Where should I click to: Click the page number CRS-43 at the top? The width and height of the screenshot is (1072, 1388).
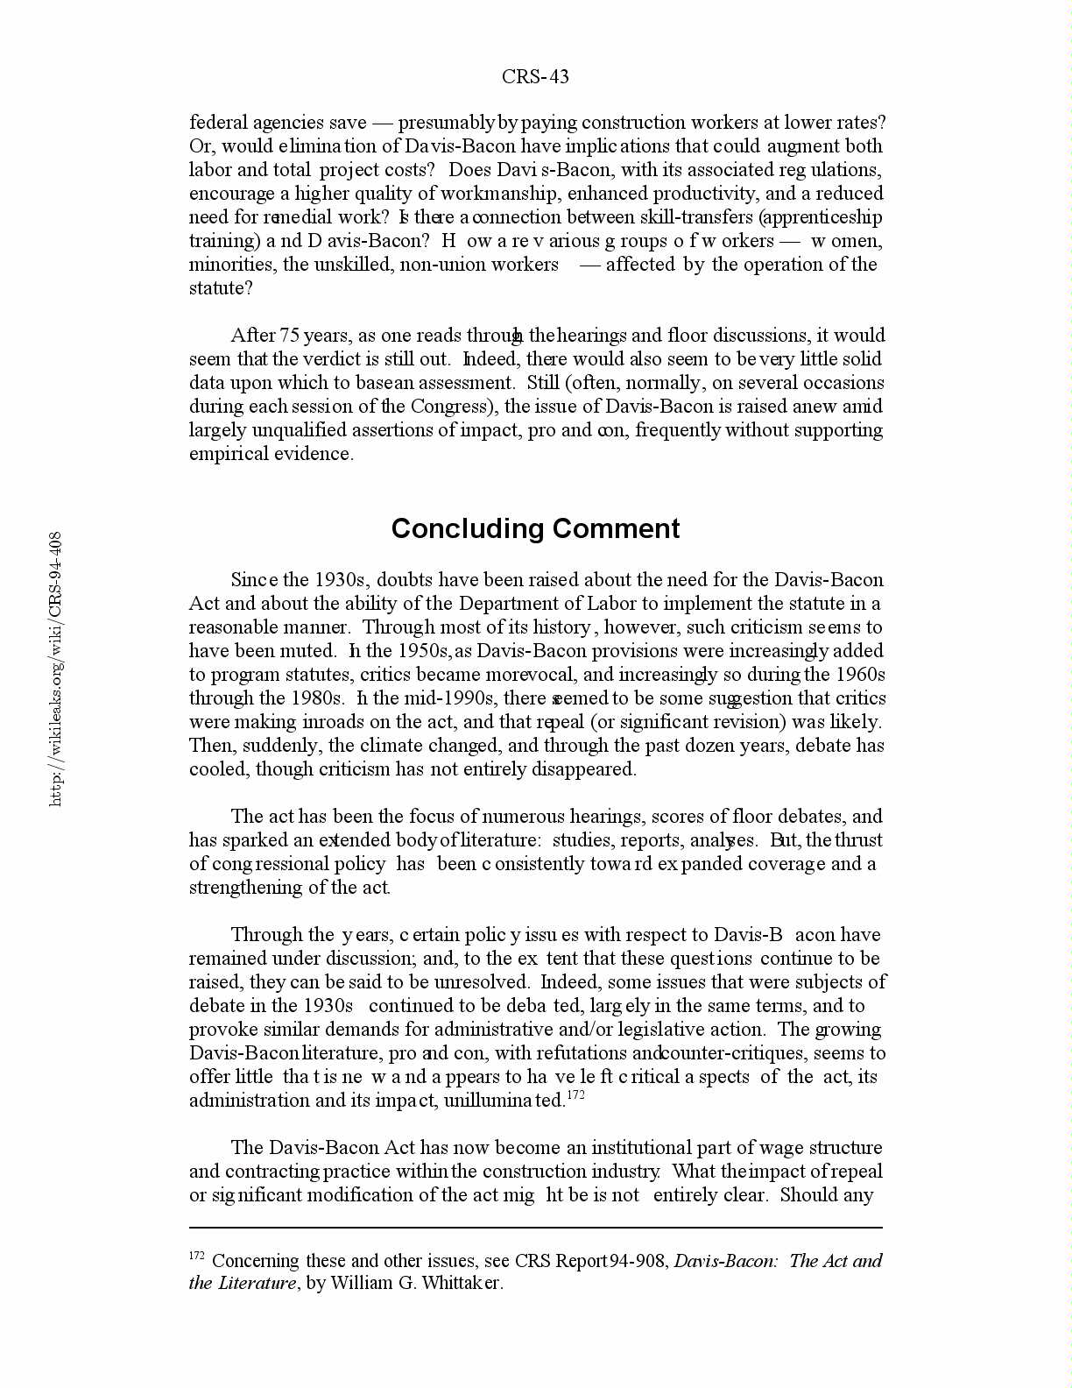(535, 77)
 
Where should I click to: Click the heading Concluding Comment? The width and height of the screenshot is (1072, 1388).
(535, 528)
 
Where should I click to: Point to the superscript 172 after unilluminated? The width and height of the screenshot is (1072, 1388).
(575, 1095)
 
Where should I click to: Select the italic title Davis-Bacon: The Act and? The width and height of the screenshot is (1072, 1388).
(778, 1261)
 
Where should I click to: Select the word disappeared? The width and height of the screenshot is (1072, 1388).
(583, 769)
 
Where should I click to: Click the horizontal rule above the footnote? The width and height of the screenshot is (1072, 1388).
(535, 1228)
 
